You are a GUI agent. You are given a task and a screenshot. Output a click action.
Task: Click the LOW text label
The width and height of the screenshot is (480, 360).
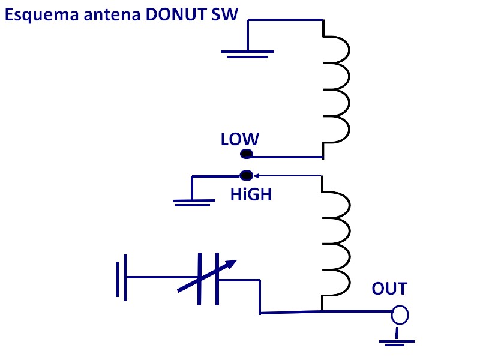click(239, 140)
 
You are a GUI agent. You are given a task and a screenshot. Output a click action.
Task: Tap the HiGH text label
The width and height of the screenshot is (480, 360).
click(251, 194)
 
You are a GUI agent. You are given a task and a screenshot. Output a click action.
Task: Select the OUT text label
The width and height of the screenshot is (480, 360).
click(389, 289)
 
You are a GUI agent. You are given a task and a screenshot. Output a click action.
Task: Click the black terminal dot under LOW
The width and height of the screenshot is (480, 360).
click(246, 155)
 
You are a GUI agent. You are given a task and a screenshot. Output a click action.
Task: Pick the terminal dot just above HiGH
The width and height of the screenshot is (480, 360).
click(246, 176)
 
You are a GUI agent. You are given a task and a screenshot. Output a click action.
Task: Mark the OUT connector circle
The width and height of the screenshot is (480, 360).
click(400, 314)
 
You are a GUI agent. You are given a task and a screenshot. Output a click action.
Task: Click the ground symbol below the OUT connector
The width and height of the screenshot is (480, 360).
click(397, 342)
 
